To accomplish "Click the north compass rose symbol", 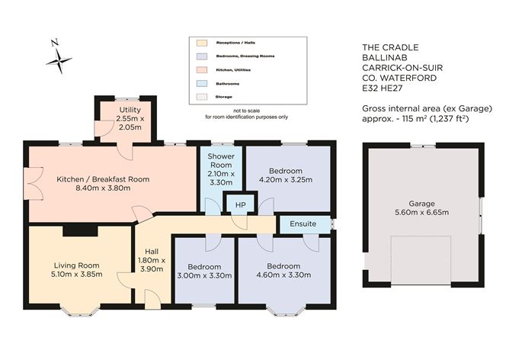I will point(58,59).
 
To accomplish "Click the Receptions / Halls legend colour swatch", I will point(202,43).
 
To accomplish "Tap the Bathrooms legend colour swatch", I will point(202,83).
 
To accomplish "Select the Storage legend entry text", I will point(225,97).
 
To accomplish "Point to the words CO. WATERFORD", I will point(399,78).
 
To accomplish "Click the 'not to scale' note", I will point(246,111).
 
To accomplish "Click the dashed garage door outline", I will point(421,259).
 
